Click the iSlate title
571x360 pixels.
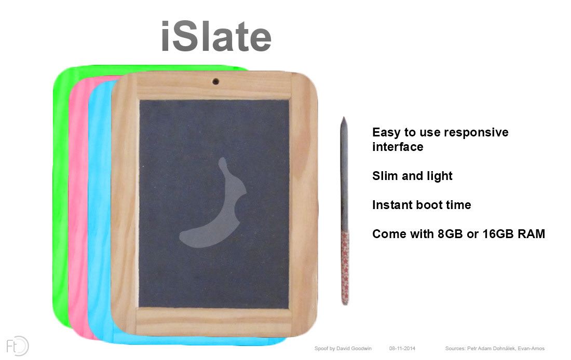pos(216,36)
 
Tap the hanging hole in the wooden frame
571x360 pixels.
pos(215,81)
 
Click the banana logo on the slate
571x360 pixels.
pos(213,203)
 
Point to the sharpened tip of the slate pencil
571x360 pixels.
pos(344,118)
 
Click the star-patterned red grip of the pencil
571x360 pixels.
pos(345,267)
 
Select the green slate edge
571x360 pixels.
pos(61,197)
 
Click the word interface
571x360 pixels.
pos(398,147)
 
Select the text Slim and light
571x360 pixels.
pos(412,176)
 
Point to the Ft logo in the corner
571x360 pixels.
pos(17,346)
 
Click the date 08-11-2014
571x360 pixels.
pos(402,349)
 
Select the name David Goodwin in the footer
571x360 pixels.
pos(354,349)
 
